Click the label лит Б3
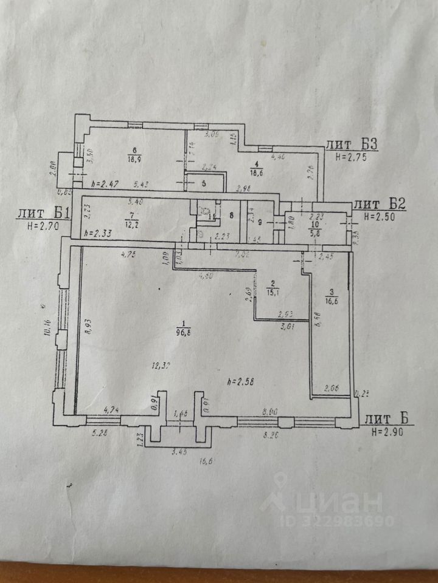pyautogui.click(x=353, y=145)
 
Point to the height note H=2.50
pyautogui.click(x=381, y=216)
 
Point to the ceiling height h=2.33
pyautogui.click(x=98, y=233)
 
